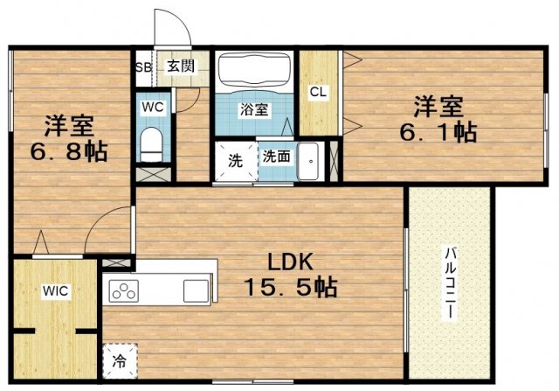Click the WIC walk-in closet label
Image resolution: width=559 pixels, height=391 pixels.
tap(56, 290)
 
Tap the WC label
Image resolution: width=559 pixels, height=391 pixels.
tap(153, 108)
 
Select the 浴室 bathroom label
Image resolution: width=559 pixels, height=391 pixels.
tap(255, 110)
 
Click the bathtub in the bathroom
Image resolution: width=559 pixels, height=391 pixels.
tap(255, 72)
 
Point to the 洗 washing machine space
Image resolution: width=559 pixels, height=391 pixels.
tap(236, 161)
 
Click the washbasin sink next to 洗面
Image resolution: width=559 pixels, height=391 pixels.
tap(309, 161)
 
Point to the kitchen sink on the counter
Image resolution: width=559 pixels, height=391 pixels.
tap(194, 290)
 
